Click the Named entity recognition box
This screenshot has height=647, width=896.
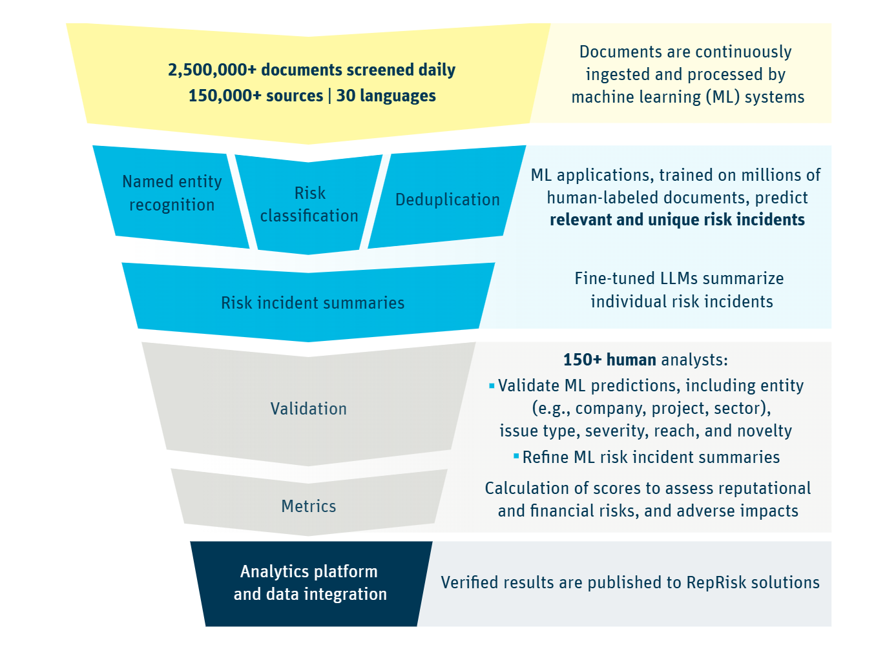172,193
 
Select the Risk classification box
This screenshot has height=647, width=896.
309,204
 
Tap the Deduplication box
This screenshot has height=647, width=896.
447,200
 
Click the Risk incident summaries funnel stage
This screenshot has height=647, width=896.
313,303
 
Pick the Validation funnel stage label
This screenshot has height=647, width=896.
309,409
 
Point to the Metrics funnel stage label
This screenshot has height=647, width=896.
309,506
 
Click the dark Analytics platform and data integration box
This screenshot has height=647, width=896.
310,582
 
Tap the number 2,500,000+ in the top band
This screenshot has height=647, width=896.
212,70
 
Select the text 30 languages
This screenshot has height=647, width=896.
386,96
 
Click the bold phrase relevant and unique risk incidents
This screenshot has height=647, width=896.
677,220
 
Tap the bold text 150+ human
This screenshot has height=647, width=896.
609,360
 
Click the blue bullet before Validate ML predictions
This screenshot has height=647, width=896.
492,386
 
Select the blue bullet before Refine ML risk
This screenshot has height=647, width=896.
516,457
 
